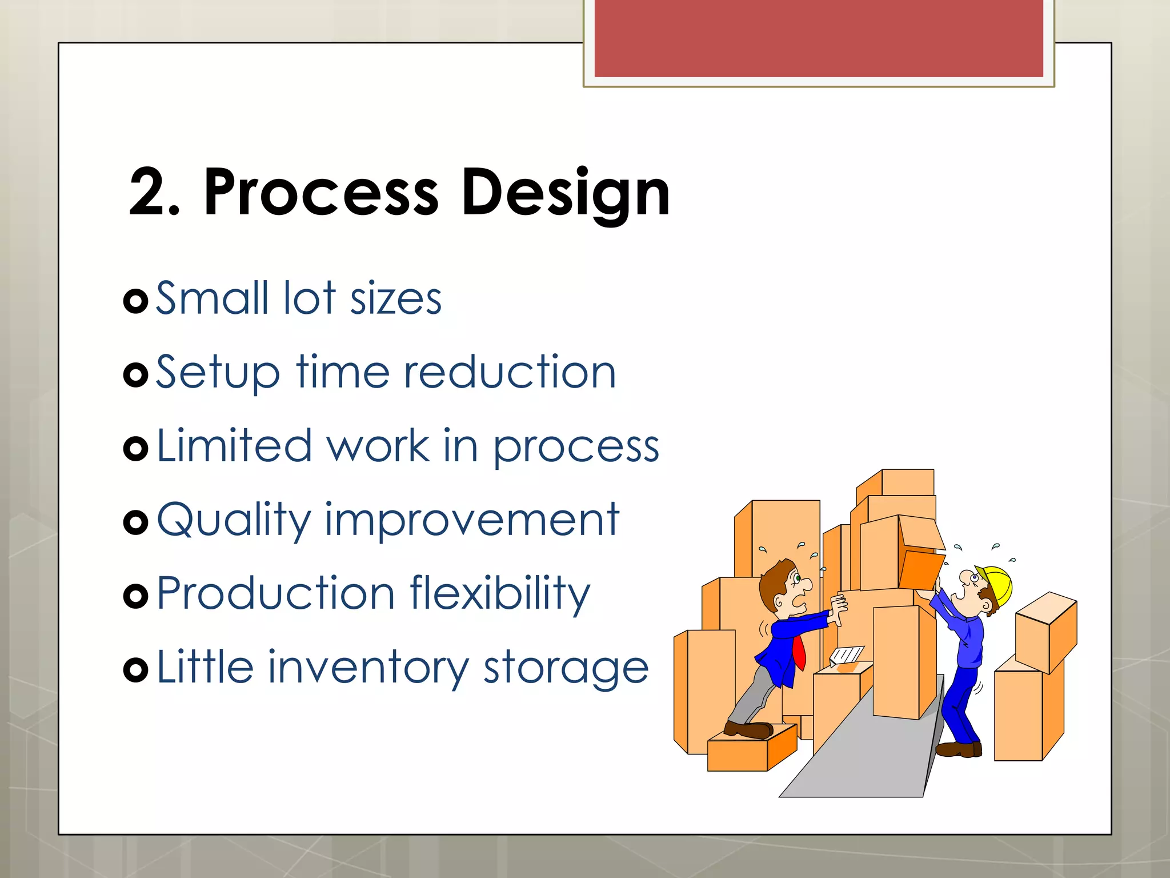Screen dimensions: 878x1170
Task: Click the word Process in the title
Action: (x=321, y=193)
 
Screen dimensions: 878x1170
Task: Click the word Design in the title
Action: (x=566, y=193)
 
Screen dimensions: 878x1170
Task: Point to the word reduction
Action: (x=510, y=372)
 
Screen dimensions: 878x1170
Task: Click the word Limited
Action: (x=234, y=446)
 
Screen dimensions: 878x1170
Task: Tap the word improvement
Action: (x=472, y=520)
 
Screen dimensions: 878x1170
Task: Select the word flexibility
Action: (x=500, y=594)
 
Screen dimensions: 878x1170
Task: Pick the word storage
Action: (x=566, y=668)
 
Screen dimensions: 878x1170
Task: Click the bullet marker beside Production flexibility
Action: (x=136, y=596)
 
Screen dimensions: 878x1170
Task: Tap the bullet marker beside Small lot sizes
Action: (x=136, y=301)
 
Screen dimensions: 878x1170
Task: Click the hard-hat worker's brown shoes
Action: (x=959, y=749)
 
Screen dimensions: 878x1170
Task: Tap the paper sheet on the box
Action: (x=847, y=654)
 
